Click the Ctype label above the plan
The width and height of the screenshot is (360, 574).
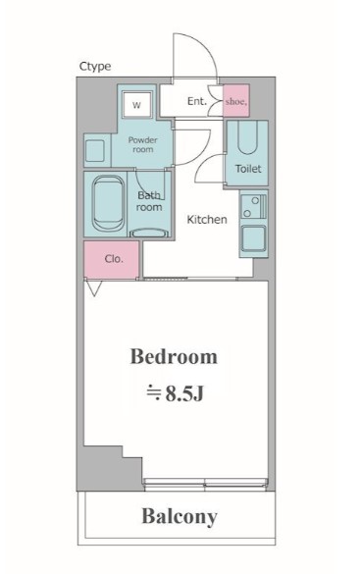(x=95, y=67)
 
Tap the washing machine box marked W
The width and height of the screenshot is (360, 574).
(x=136, y=105)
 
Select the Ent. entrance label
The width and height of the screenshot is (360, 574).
(x=197, y=101)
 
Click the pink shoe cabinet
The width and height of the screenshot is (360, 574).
(x=236, y=101)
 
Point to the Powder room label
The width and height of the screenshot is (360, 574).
(x=142, y=144)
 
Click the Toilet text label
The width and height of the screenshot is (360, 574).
(x=248, y=169)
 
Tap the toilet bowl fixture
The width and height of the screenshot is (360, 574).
(x=247, y=138)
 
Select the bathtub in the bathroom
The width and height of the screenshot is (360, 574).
(x=108, y=203)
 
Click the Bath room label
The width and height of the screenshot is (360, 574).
(x=149, y=201)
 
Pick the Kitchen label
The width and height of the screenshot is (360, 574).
(x=207, y=219)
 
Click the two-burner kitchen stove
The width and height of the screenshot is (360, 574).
(x=254, y=206)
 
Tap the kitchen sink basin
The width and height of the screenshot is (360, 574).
(x=253, y=238)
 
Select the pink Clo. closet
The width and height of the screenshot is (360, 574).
(x=112, y=259)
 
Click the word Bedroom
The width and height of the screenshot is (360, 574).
(x=174, y=356)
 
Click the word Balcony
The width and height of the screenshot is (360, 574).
(x=180, y=517)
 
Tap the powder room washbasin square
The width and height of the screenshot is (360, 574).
(x=95, y=150)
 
